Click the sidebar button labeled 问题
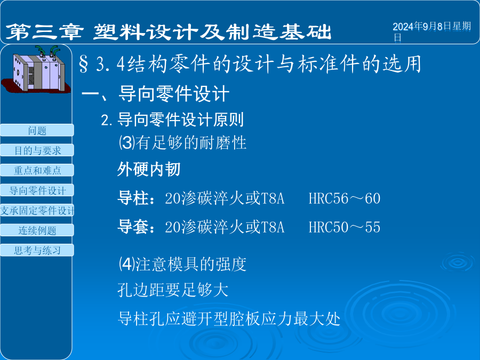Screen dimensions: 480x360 pyautogui.click(x=37, y=130)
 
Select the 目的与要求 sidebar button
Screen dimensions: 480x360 pyautogui.click(x=37, y=150)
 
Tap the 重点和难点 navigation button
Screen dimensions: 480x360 pyautogui.click(x=37, y=170)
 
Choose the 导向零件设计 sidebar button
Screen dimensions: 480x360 pyautogui.click(x=37, y=190)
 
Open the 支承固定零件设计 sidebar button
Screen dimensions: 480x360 pyautogui.click(x=37, y=210)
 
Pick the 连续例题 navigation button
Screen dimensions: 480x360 pyautogui.click(x=37, y=230)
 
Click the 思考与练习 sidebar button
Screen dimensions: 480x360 pyautogui.click(x=37, y=250)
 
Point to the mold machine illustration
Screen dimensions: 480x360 pyautogui.click(x=36, y=69)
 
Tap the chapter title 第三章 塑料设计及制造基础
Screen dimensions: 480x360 pyautogui.click(x=169, y=32)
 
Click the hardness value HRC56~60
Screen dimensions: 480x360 pyautogui.click(x=345, y=198)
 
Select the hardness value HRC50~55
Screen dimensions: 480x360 pyautogui.click(x=345, y=227)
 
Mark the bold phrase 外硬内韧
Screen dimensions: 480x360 pyautogui.click(x=149, y=169)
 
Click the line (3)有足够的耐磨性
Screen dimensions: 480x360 pyautogui.click(x=182, y=142)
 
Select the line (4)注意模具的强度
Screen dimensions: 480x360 pyautogui.click(x=182, y=264)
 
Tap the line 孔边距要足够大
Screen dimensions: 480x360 pyautogui.click(x=173, y=290)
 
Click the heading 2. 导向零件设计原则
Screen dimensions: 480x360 pyautogui.click(x=172, y=119)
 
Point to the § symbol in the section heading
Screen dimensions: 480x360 pyautogui.click(x=84, y=64)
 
